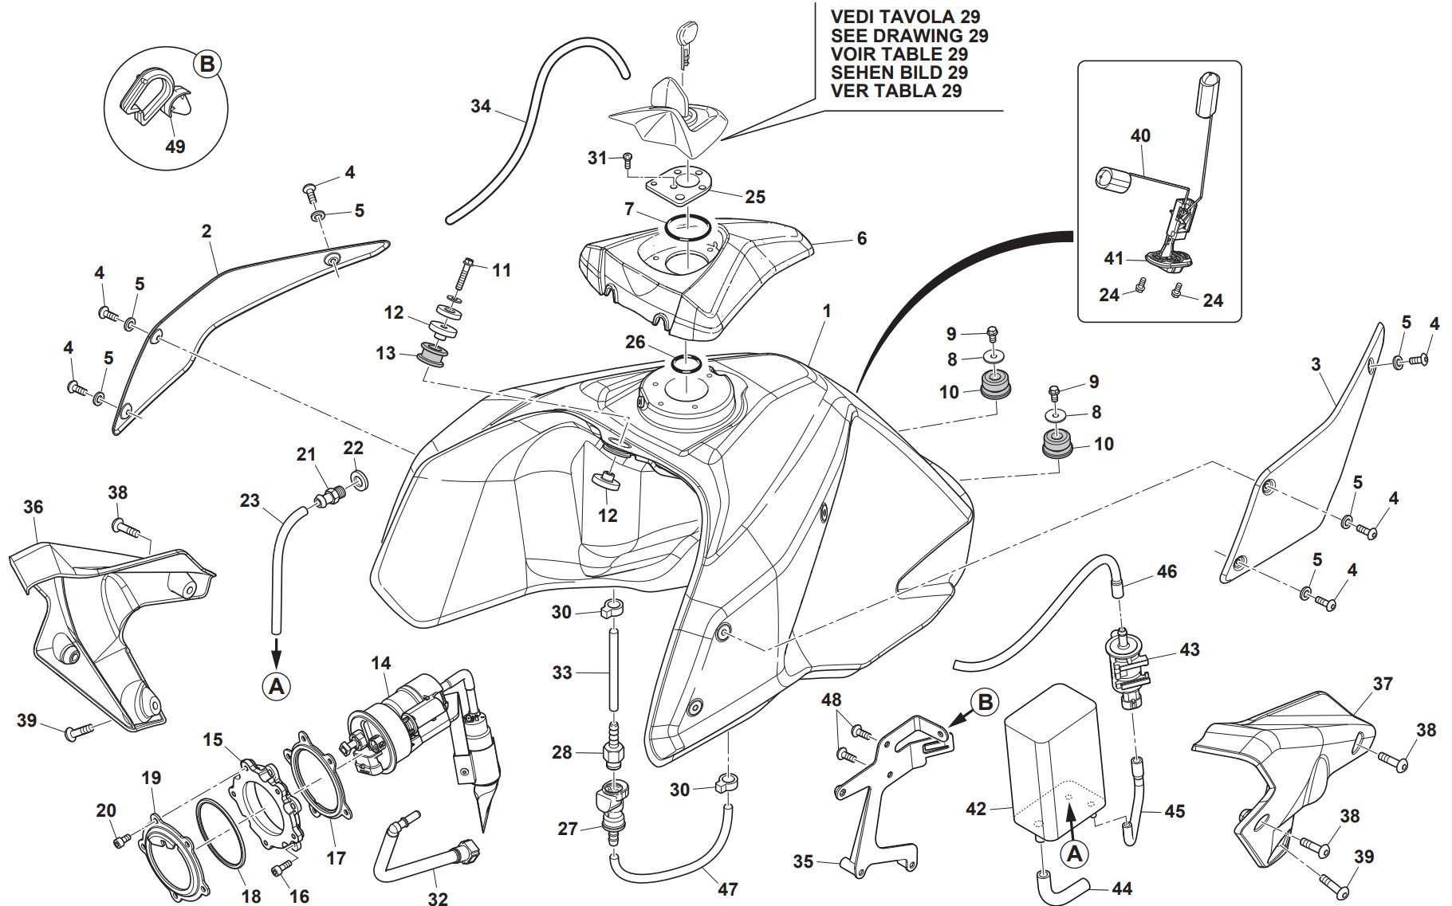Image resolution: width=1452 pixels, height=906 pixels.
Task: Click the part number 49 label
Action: click(x=175, y=147)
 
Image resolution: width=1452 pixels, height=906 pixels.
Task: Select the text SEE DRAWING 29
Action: click(x=909, y=36)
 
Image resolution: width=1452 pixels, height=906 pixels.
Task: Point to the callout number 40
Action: click(x=1140, y=135)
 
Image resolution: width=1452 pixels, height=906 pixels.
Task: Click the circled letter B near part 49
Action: click(x=207, y=64)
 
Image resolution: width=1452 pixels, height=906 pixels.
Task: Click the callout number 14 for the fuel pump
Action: click(x=381, y=663)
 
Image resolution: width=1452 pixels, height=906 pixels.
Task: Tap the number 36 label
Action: click(x=33, y=507)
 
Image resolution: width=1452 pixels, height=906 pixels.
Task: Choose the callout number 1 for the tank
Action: click(x=827, y=311)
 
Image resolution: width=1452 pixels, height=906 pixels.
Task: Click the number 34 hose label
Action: click(x=480, y=106)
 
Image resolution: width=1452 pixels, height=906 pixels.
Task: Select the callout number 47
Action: click(x=727, y=888)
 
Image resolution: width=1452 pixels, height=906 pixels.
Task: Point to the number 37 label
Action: click(x=1383, y=684)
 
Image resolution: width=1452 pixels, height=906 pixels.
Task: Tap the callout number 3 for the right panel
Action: click(x=1316, y=365)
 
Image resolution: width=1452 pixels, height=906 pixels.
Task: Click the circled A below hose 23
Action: click(x=276, y=685)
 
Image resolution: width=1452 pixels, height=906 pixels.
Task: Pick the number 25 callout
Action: click(x=755, y=196)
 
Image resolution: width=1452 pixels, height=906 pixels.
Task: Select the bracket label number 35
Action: click(x=803, y=861)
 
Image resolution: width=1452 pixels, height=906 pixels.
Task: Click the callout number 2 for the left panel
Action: click(x=207, y=231)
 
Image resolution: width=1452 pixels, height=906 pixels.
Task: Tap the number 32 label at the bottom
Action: click(x=437, y=899)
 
